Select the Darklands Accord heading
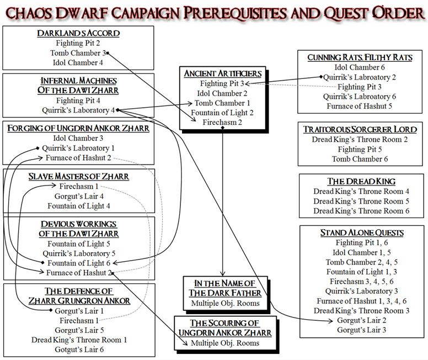[x=79, y=33]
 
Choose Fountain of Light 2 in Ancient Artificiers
[x=222, y=112]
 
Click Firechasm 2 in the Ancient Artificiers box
[x=222, y=122]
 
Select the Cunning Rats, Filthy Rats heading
[x=360, y=57]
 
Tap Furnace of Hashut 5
[x=360, y=106]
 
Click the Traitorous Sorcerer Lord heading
[x=360, y=129]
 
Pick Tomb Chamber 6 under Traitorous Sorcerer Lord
[x=360, y=159]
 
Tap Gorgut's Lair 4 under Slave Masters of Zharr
[x=79, y=196]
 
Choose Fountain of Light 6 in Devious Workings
[x=79, y=262]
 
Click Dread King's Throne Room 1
[x=79, y=339]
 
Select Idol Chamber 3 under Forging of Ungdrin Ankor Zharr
[x=79, y=138]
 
